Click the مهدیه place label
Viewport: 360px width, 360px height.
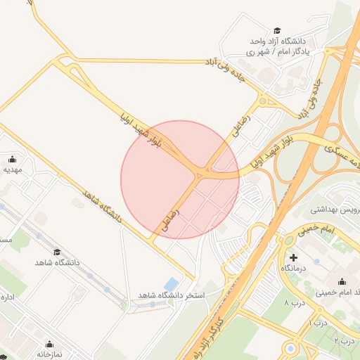[x=13, y=169]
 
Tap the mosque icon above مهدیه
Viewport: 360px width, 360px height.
[x=13, y=158]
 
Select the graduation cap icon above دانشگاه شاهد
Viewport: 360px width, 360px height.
[x=57, y=252]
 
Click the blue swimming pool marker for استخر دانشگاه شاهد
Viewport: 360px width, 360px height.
[x=171, y=283]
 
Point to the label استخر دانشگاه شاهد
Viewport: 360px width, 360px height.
[x=171, y=295]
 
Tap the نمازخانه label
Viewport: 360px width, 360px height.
[x=50, y=355]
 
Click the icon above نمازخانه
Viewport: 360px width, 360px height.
[x=50, y=345]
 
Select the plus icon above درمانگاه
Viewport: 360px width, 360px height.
[x=293, y=258]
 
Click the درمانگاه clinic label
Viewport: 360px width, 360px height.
[x=295, y=269]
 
